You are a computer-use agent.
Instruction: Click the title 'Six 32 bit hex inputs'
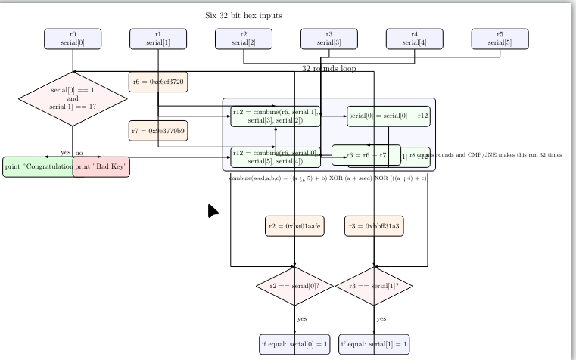pos(244,14)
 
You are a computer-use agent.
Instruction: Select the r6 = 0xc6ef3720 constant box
pos(158,81)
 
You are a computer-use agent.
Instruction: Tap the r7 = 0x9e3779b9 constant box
pos(158,130)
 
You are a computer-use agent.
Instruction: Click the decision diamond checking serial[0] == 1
pos(73,97)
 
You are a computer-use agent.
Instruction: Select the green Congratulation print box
pos(38,166)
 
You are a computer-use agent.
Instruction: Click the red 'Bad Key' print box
pos(101,166)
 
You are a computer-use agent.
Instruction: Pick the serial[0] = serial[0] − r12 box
pos(388,116)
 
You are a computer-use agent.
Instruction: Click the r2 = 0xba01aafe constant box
pos(295,225)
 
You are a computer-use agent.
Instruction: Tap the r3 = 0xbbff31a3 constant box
pos(374,225)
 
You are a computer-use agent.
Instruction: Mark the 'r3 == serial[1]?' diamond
pos(374,286)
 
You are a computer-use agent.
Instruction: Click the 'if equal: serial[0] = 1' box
pos(295,343)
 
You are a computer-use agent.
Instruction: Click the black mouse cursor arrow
pos(213,211)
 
